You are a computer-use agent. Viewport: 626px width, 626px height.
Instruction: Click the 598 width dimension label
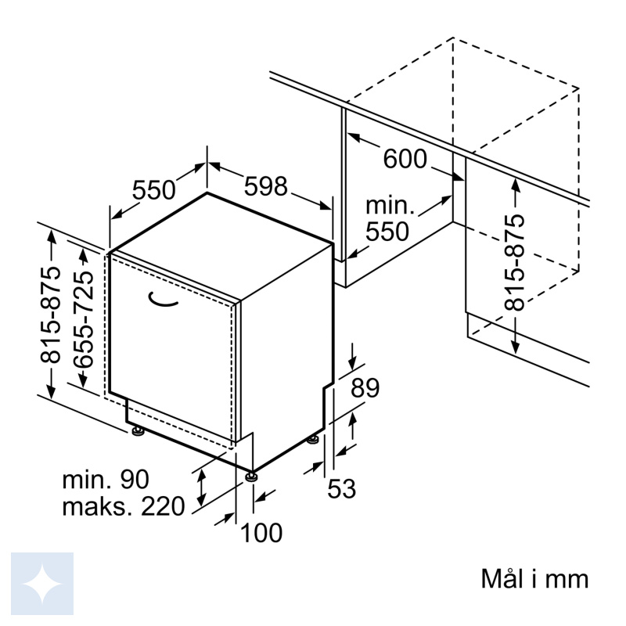click(x=266, y=186)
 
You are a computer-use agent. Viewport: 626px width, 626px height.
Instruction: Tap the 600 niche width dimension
click(x=405, y=159)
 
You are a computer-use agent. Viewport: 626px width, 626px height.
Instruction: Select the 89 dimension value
click(x=365, y=387)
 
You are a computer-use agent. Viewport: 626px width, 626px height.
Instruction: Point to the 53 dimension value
click(x=341, y=488)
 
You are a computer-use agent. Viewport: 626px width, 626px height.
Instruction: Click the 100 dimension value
click(x=261, y=532)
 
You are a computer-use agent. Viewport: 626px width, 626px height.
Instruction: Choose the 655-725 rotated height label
click(x=84, y=319)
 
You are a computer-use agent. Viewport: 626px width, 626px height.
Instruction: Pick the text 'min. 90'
click(x=106, y=480)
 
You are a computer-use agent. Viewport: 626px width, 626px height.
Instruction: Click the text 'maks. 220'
click(x=124, y=506)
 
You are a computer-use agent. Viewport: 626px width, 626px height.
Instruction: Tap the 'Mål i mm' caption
click(x=535, y=579)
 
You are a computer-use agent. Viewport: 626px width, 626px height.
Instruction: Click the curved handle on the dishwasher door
click(x=162, y=301)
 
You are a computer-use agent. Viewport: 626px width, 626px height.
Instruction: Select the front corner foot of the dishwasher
click(x=250, y=477)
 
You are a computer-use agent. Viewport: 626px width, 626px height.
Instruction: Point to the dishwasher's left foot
click(x=139, y=431)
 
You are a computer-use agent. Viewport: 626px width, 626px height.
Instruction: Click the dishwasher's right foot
click(x=312, y=440)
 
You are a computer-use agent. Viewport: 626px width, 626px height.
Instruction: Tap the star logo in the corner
click(x=42, y=584)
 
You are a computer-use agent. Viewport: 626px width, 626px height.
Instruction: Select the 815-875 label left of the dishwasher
click(x=51, y=315)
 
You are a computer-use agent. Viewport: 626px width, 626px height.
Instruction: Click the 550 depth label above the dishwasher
click(x=153, y=189)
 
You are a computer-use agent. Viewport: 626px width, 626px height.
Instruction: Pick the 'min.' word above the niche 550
click(x=390, y=205)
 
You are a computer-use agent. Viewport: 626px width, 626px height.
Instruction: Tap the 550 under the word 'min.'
click(x=387, y=231)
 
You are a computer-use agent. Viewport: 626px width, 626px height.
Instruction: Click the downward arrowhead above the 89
click(x=353, y=364)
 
